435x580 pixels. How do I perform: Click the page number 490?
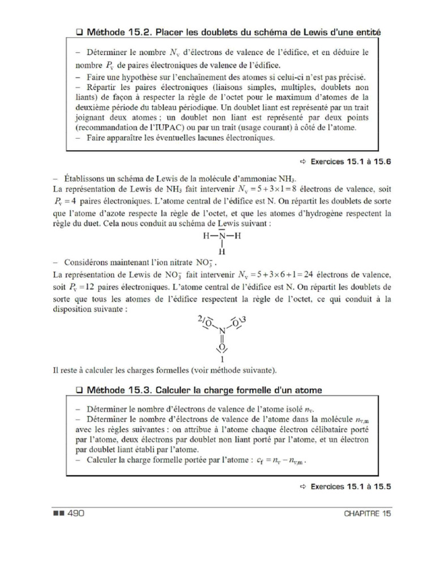(x=76, y=513)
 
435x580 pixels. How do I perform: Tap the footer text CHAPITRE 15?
(x=367, y=514)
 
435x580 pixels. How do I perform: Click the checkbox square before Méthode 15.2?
(x=79, y=33)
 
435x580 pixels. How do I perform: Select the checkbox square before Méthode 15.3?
(x=79, y=390)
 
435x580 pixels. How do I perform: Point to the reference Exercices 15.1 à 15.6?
(x=351, y=162)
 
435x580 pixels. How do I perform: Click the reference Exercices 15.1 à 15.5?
(x=351, y=487)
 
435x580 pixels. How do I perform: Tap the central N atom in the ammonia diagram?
(x=223, y=236)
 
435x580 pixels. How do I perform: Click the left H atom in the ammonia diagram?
(x=206, y=236)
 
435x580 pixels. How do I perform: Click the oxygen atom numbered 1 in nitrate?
(x=223, y=347)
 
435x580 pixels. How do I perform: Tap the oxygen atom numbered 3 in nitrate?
(x=237, y=323)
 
